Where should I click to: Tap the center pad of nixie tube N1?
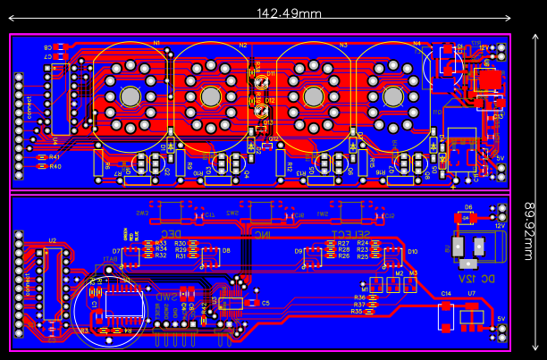(x=130, y=96)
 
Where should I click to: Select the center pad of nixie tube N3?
(x=314, y=96)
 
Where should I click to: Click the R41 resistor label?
(x=55, y=157)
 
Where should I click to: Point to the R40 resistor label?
(x=55, y=166)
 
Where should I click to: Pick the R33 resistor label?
(x=161, y=242)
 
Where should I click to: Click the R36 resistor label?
(x=359, y=297)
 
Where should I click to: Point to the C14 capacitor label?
(x=446, y=293)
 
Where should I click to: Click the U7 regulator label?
(x=471, y=293)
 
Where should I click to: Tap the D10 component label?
(x=412, y=251)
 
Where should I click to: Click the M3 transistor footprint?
(x=410, y=284)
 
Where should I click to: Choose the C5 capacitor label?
(x=265, y=303)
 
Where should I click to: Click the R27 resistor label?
(x=344, y=242)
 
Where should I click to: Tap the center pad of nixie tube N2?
(x=211, y=96)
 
